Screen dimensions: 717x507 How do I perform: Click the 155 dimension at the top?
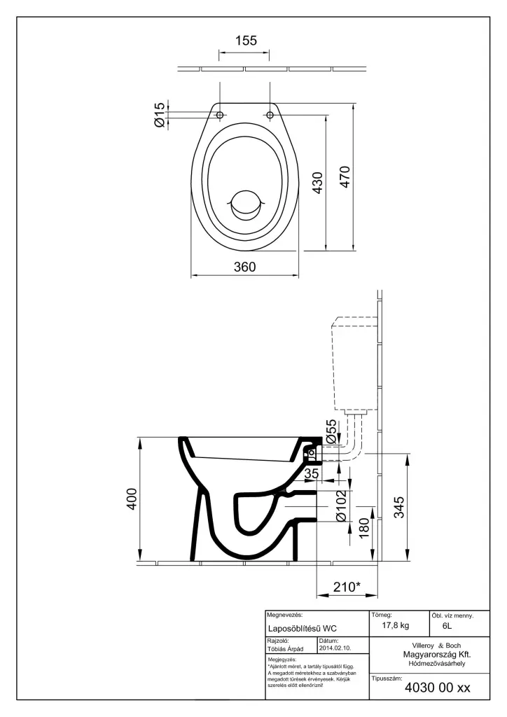245,41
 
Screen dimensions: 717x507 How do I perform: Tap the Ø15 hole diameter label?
160,114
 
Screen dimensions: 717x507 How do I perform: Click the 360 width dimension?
245,267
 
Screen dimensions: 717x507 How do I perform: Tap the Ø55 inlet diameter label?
331,430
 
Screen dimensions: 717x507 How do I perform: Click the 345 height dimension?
398,506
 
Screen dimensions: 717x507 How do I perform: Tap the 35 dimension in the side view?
312,475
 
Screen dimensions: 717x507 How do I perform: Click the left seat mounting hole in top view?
220,114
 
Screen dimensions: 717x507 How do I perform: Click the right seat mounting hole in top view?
270,114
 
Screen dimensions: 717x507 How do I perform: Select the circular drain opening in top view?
245,203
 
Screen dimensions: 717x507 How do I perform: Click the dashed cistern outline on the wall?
354,364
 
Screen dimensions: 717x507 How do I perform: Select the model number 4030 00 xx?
438,688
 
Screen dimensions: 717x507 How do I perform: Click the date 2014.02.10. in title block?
334,649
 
